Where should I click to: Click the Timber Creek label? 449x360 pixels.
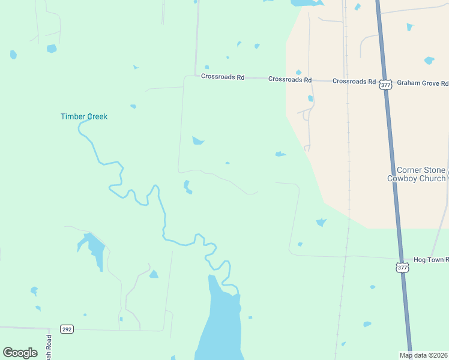click(84, 116)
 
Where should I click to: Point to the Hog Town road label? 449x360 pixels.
click(430, 260)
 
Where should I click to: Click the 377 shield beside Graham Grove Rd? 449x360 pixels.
click(385, 85)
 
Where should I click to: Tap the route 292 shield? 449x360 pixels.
click(67, 329)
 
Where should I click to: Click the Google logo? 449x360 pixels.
click(20, 353)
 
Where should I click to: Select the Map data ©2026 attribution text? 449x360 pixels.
click(423, 355)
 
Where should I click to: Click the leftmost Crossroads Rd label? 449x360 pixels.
click(223, 77)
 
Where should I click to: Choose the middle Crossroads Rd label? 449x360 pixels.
click(290, 79)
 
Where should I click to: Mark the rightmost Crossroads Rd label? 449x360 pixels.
click(354, 81)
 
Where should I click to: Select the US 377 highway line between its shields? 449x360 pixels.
click(394, 174)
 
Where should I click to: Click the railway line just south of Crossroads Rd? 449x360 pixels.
click(346, 120)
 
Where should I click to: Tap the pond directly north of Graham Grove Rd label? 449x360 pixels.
click(429, 61)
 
